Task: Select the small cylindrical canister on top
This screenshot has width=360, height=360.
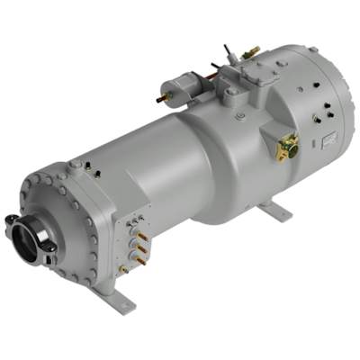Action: coord(176,88)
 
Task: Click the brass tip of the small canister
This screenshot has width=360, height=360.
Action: coord(162,93)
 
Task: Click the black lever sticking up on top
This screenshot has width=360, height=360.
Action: coord(215,67)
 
